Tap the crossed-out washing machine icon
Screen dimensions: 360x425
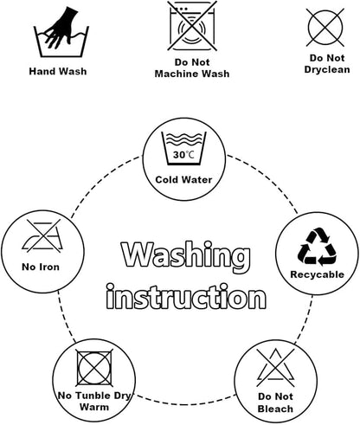tap(192, 26)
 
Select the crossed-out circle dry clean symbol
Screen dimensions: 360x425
tap(325, 28)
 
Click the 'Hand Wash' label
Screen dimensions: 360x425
tap(58, 71)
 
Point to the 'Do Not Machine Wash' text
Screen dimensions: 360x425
tap(192, 68)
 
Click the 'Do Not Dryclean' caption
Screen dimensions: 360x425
tap(327, 64)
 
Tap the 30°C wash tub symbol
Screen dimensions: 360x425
tap(183, 149)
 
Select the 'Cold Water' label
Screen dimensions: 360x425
tap(183, 180)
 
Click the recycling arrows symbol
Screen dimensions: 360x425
tap(317, 247)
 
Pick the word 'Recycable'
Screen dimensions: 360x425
tap(318, 274)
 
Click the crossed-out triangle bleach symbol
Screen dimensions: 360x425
tap(276, 368)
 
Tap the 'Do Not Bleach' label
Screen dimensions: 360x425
tap(275, 402)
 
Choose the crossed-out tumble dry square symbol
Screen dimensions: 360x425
tap(94, 368)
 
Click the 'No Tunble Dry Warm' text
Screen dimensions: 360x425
tap(94, 402)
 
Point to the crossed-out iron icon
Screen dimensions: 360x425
tap(43, 235)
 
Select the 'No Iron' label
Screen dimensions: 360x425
tap(41, 267)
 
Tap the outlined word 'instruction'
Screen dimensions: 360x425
tap(186, 297)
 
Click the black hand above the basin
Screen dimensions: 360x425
tap(61, 28)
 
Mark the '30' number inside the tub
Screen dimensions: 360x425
tap(179, 155)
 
